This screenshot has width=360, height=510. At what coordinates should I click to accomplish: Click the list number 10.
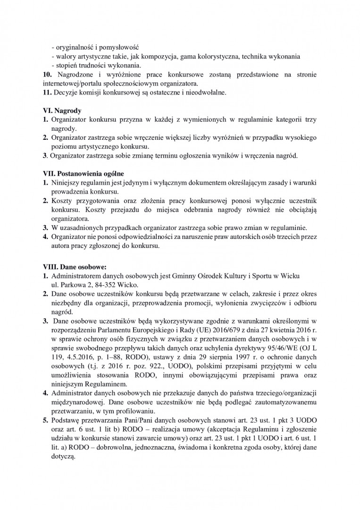coord(46,75)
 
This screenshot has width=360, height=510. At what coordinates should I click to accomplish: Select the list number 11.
coord(46,93)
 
